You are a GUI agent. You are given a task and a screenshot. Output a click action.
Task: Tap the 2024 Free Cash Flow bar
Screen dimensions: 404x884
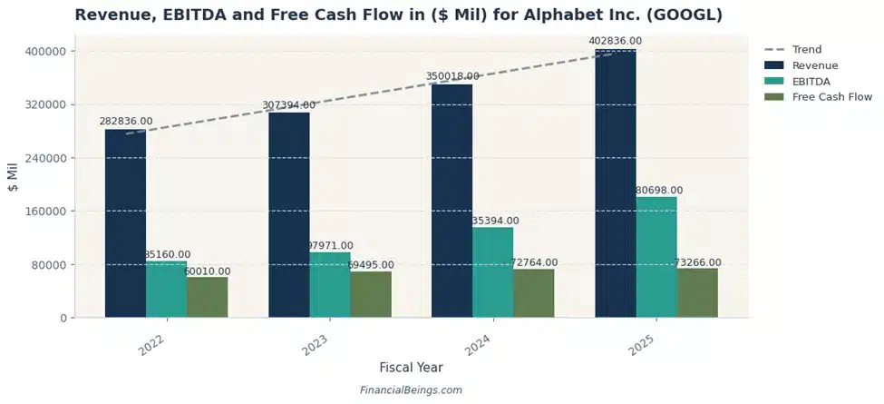pos(534,293)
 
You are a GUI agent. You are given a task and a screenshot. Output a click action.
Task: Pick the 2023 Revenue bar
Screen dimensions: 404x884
pos(288,215)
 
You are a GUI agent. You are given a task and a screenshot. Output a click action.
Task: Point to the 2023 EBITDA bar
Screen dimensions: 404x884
pos(329,285)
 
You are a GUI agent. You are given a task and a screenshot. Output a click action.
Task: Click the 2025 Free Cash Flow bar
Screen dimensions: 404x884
pos(697,292)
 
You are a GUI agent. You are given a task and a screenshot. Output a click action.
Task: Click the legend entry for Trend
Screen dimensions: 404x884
pos(807,50)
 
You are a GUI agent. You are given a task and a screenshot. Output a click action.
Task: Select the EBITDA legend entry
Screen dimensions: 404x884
pos(811,81)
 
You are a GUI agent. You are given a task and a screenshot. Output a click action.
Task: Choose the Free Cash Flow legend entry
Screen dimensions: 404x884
pos(831,96)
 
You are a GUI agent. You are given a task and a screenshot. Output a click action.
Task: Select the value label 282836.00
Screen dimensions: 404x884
pos(126,121)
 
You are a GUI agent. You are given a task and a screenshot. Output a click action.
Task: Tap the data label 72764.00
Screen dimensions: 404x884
pos(534,262)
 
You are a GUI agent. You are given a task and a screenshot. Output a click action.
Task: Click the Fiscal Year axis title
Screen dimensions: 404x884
pos(411,368)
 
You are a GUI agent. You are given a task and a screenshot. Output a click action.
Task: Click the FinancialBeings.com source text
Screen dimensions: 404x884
pos(411,390)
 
